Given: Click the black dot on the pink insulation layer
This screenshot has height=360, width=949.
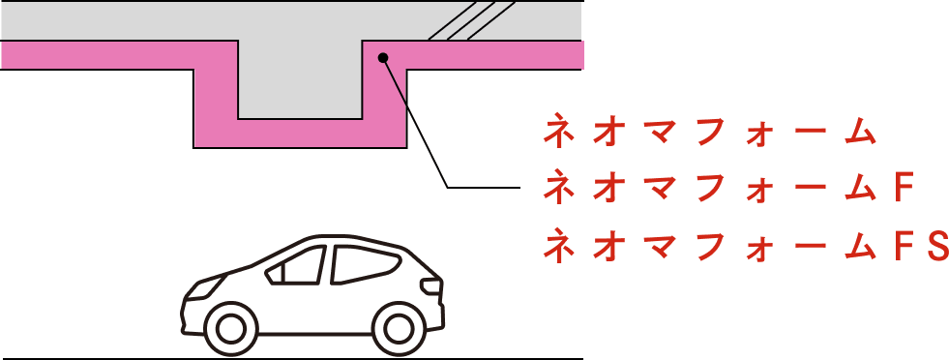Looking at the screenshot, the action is pyautogui.click(x=382, y=57).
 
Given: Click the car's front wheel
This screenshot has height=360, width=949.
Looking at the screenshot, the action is pyautogui.click(x=228, y=328).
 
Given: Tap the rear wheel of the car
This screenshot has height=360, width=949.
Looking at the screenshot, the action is pyautogui.click(x=398, y=328).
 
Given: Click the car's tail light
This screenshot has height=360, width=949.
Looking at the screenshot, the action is pyautogui.click(x=432, y=285).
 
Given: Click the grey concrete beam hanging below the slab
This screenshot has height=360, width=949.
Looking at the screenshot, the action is pyautogui.click(x=300, y=79).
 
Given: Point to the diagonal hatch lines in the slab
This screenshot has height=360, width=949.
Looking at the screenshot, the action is pyautogui.click(x=471, y=20).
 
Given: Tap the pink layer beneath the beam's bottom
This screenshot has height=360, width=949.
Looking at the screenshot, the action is pyautogui.click(x=300, y=134).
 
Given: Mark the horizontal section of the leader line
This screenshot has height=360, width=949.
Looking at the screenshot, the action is pyautogui.click(x=484, y=188).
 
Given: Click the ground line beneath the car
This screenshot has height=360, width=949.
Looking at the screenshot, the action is pyautogui.click(x=291, y=359).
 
